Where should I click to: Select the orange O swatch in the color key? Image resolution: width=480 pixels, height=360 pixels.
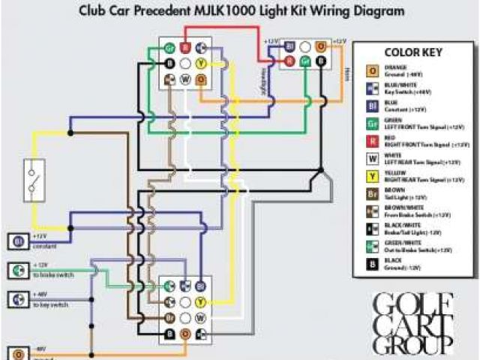(x=371, y=71)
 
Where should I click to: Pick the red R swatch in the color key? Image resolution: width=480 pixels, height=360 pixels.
(x=371, y=141)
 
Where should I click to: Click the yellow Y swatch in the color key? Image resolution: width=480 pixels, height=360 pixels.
(x=371, y=177)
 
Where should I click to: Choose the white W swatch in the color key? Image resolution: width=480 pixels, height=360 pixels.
(x=371, y=159)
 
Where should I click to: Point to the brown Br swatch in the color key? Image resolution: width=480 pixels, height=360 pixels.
(x=371, y=194)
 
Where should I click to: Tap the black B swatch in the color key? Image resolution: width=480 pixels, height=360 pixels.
(x=371, y=263)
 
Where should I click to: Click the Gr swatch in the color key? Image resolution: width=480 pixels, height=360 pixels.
(x=371, y=124)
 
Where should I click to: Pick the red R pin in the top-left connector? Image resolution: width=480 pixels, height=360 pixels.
(x=184, y=47)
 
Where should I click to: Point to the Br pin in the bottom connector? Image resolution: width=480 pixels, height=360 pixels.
(x=169, y=317)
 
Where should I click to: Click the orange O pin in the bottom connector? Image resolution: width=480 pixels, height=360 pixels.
(x=185, y=332)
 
